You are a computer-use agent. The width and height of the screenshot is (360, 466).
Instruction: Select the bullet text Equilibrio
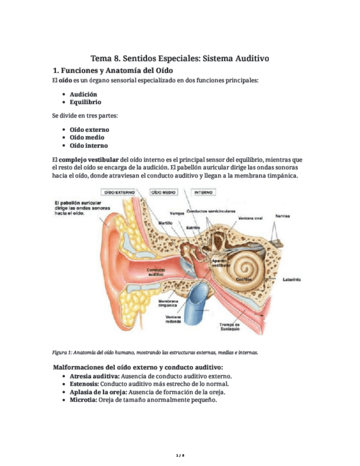tap(85, 102)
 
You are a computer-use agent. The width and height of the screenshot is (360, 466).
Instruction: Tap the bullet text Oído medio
tap(87, 137)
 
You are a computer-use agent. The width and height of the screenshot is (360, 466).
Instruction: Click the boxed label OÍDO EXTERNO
tap(121, 193)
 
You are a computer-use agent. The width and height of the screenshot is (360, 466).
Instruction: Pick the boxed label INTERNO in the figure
tap(204, 193)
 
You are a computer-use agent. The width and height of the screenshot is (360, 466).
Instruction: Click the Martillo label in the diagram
tap(165, 223)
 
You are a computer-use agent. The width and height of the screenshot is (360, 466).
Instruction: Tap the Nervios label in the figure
tap(284, 215)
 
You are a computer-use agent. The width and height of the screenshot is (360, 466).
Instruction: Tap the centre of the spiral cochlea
tap(243, 267)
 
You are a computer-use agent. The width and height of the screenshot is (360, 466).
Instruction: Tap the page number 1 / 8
tap(180, 456)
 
